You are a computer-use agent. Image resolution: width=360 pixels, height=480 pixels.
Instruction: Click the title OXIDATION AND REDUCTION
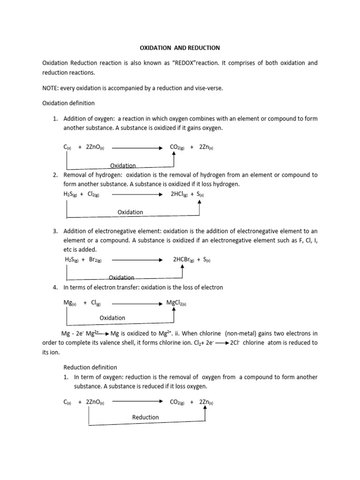pyautogui.click(x=180, y=48)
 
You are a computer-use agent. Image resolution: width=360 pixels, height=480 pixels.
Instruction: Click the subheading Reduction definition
pyautogui.click(x=90, y=367)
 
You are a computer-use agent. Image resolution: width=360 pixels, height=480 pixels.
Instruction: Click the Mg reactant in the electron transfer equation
pyautogui.click(x=70, y=303)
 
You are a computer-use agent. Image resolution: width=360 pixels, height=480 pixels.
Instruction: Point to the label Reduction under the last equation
pyautogui.click(x=145, y=417)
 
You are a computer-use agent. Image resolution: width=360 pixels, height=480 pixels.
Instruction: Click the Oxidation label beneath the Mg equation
pyautogui.click(x=112, y=318)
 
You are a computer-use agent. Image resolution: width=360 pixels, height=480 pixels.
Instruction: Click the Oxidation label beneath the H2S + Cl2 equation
pyautogui.click(x=130, y=212)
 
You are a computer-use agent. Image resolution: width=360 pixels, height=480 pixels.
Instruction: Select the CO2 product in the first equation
pyautogui.click(x=177, y=147)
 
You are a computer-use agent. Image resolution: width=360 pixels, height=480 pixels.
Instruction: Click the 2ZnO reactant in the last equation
pyautogui.click(x=95, y=402)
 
